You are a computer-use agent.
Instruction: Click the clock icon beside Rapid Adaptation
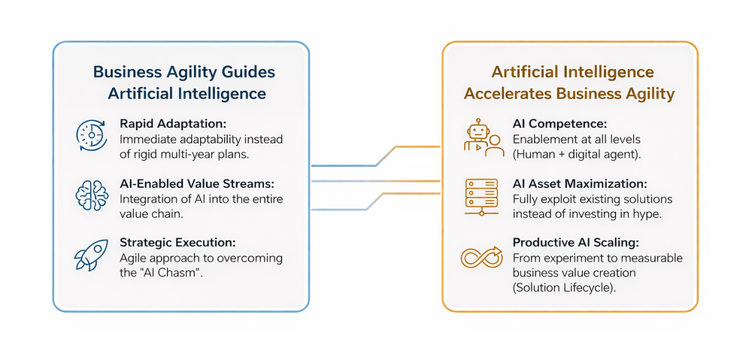(x=88, y=133)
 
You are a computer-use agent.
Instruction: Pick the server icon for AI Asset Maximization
(x=481, y=195)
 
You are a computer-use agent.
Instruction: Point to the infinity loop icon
(x=481, y=257)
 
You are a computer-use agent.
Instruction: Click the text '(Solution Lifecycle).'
(x=567, y=288)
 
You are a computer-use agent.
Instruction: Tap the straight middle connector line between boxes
(x=375, y=181)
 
